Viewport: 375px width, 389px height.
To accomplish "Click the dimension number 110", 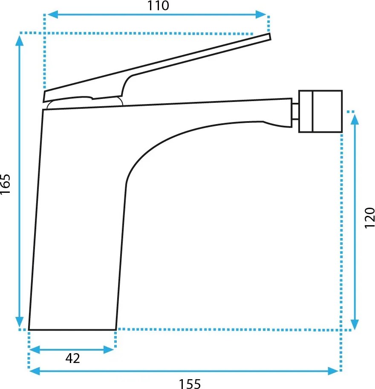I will (158, 6).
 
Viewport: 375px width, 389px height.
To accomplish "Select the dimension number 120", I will (369, 218).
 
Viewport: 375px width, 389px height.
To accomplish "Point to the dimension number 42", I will (72, 358).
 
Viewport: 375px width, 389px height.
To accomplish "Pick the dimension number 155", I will (189, 384).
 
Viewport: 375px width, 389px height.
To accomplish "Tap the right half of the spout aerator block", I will (327, 111).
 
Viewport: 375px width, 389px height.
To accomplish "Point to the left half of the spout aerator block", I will (306, 111).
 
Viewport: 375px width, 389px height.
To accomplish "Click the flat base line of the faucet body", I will (72, 330).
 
